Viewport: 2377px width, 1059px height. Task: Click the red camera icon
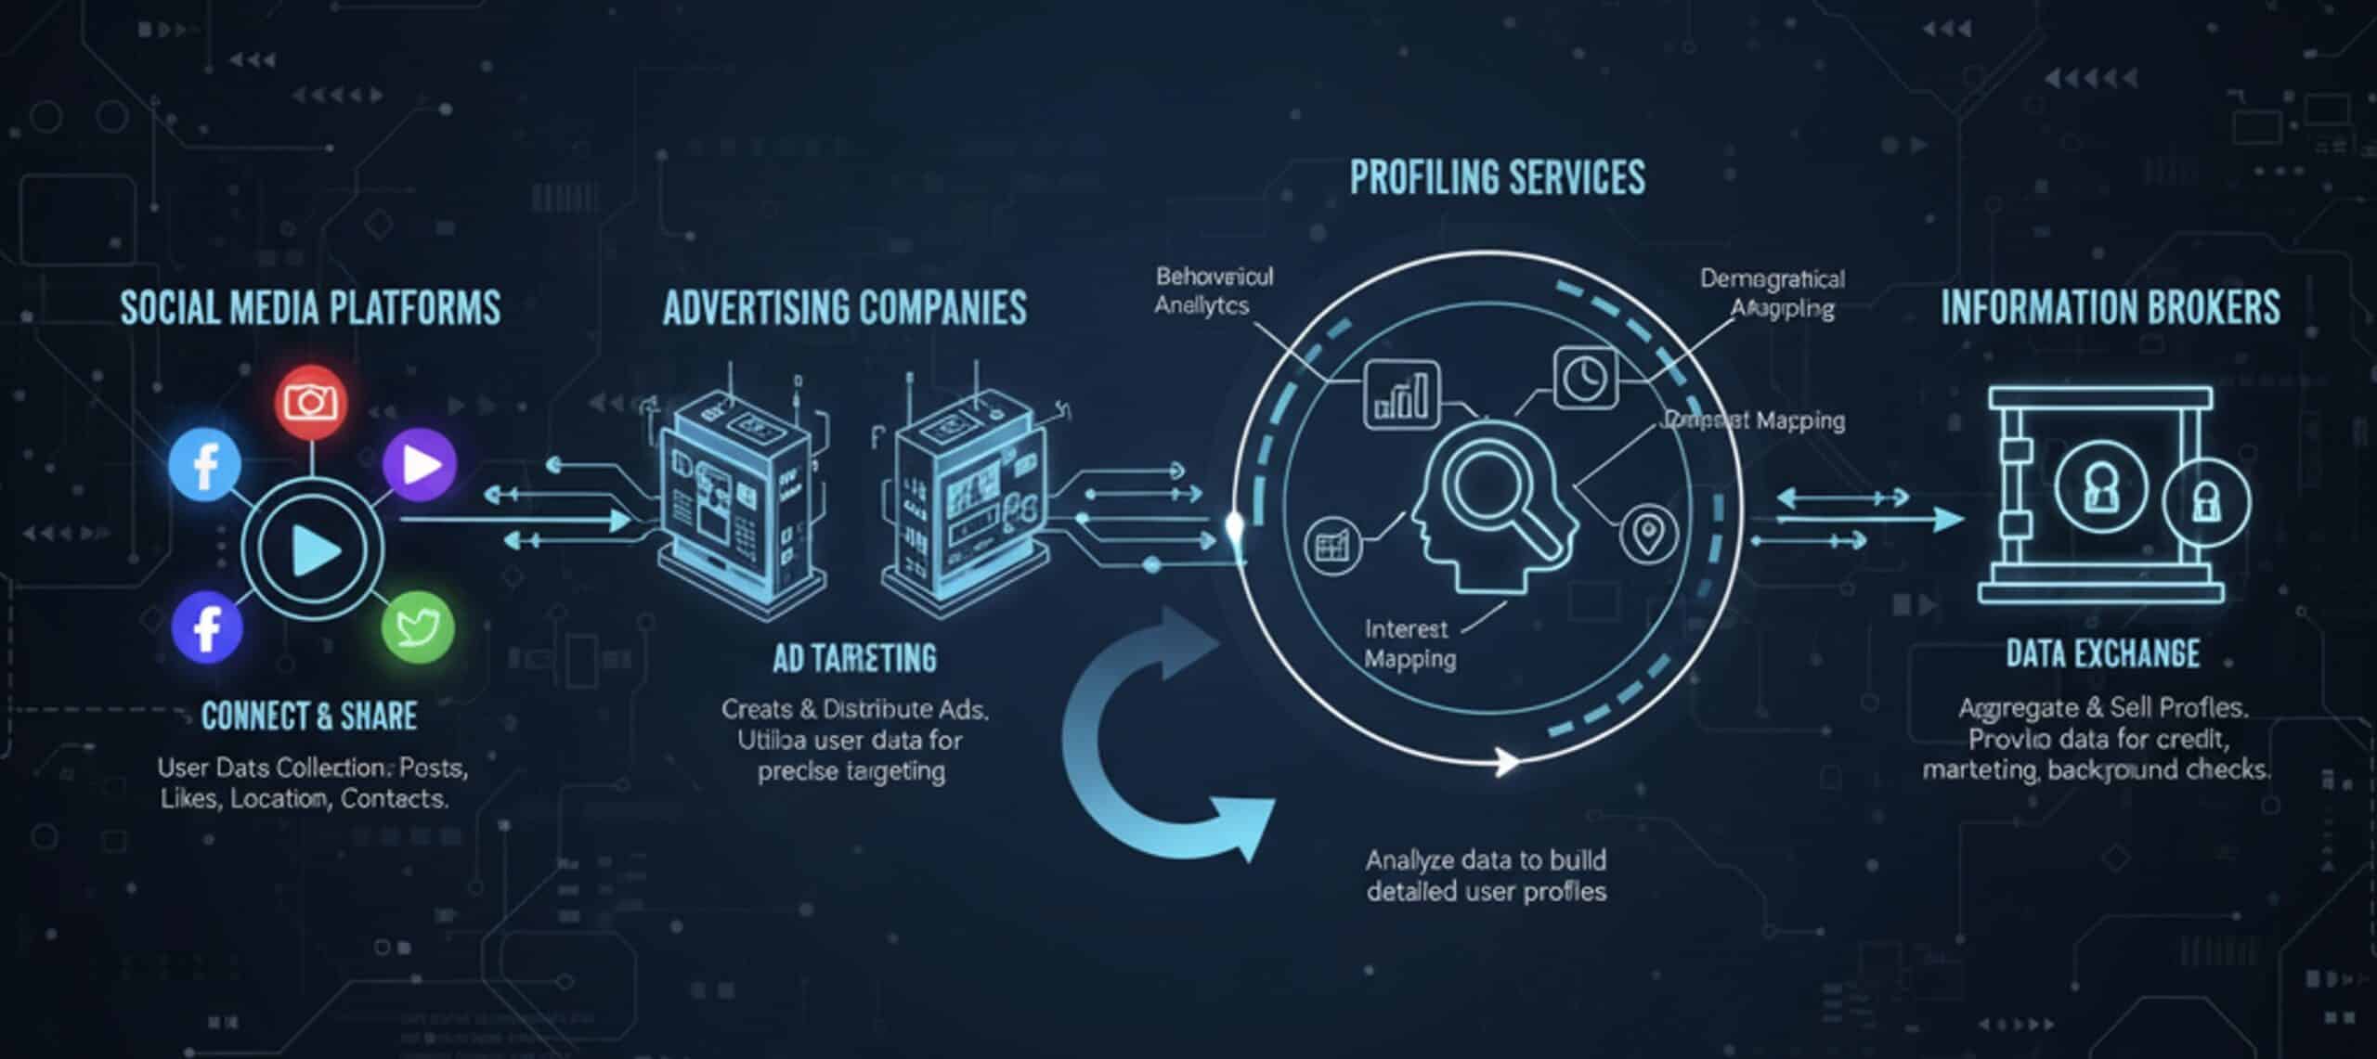[x=311, y=402]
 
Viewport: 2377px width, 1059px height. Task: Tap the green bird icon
[x=418, y=627]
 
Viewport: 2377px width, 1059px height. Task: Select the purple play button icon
[x=420, y=463]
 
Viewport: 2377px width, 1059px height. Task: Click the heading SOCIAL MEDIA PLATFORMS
[x=310, y=308]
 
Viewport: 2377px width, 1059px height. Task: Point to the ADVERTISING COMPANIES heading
[x=844, y=308]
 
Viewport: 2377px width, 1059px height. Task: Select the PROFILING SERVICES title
[x=1497, y=177]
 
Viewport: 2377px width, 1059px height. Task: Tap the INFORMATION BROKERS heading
[x=2110, y=308]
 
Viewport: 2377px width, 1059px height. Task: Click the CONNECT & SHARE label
[x=309, y=716]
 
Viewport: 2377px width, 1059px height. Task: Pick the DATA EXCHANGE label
[x=2102, y=654]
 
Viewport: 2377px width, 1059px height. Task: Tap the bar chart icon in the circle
[x=1401, y=395]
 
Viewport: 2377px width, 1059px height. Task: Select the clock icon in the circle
[x=1585, y=378]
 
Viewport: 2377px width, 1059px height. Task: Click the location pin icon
[x=1647, y=536]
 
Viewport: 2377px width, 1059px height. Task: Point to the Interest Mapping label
[x=1409, y=644]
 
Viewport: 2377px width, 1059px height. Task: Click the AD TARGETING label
[x=854, y=658]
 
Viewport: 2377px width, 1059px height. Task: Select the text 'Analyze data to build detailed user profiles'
[x=1486, y=875]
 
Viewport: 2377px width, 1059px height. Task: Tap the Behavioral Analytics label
[x=1213, y=291]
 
